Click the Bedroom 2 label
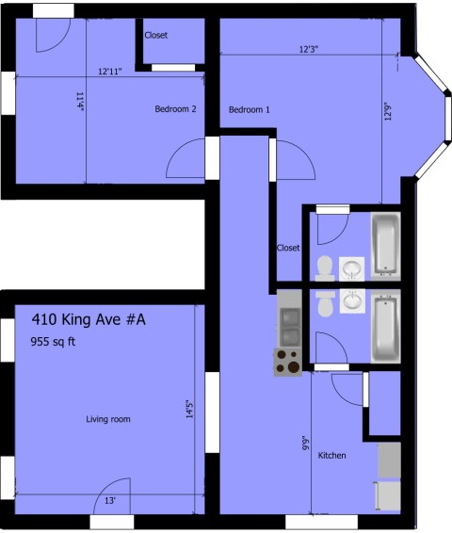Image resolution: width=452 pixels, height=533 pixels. [x=175, y=109]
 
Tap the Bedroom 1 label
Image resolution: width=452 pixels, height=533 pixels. [x=250, y=110]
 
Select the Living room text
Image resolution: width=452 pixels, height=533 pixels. [x=108, y=419]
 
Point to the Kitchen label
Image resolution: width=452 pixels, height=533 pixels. [x=332, y=456]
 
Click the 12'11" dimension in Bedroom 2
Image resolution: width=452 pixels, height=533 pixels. [x=110, y=72]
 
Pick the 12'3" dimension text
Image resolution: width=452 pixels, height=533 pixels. [x=309, y=49]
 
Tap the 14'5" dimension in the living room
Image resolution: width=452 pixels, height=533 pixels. [x=189, y=410]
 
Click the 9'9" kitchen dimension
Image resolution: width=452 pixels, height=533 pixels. [x=306, y=443]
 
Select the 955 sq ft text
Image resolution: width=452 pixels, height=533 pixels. [x=53, y=341]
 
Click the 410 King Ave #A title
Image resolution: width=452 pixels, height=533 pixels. [x=89, y=319]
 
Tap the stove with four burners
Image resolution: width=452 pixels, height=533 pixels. [x=288, y=362]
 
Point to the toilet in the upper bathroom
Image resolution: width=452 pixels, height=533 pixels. [x=325, y=268]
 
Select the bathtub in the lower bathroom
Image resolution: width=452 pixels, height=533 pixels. [x=386, y=328]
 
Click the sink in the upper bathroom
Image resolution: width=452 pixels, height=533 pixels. [x=352, y=269]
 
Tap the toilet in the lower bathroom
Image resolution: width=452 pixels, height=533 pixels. [x=325, y=302]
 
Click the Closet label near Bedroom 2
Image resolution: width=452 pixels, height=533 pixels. [x=156, y=35]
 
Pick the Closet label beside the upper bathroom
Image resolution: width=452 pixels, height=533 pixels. [x=288, y=248]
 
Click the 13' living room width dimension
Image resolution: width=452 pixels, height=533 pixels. [x=110, y=501]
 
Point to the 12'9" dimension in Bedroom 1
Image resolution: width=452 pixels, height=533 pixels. [x=388, y=111]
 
